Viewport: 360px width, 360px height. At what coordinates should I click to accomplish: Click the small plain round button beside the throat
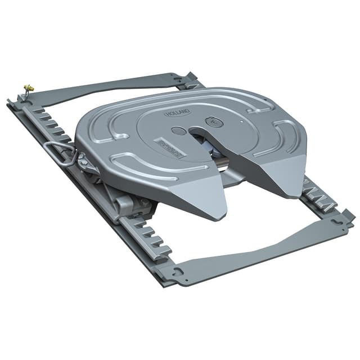click(x=178, y=131)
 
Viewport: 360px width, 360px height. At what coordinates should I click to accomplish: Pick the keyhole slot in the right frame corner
click(x=339, y=221)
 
